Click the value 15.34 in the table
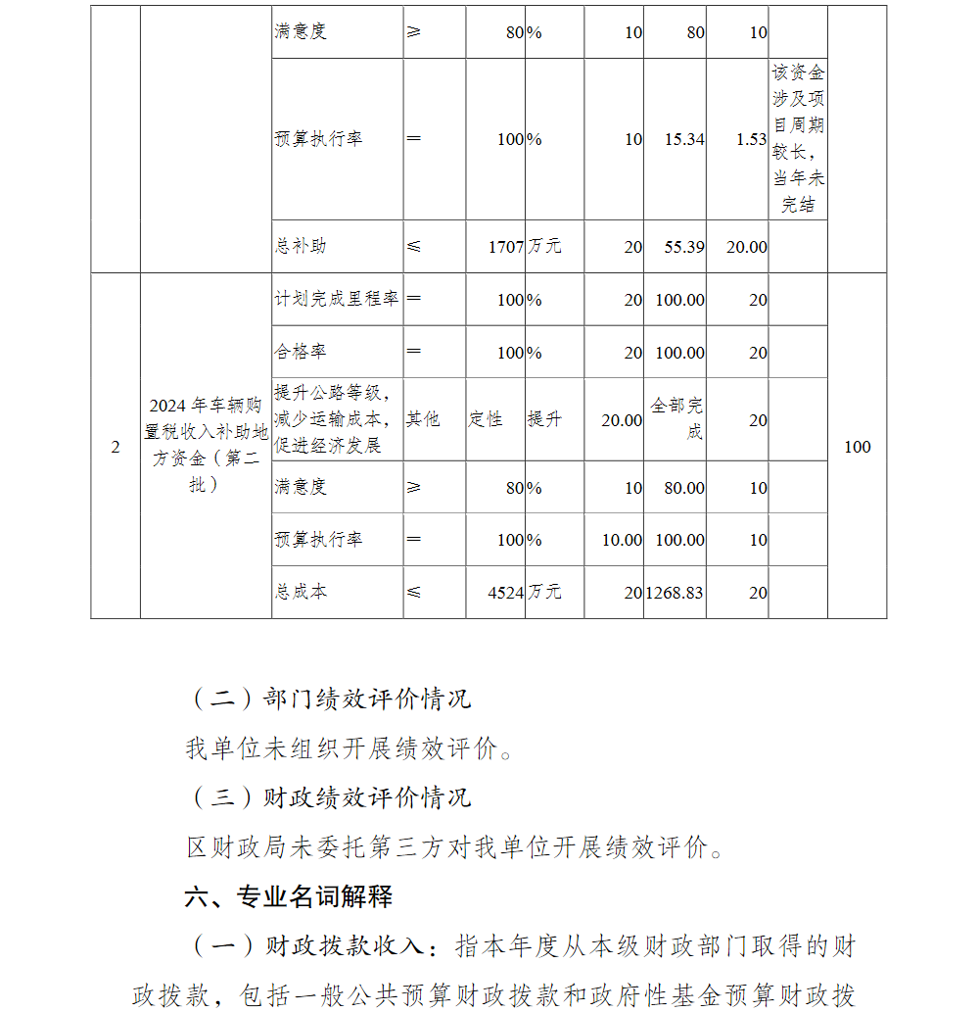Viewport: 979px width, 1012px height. [684, 139]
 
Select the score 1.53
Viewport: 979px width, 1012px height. [751, 139]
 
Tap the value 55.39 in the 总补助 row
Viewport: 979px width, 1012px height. [684, 247]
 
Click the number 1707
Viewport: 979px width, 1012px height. [507, 247]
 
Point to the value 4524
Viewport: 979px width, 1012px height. [507, 592]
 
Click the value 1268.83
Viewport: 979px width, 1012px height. [675, 592]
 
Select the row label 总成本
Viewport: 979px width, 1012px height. [301, 592]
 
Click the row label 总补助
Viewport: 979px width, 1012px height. [301, 247]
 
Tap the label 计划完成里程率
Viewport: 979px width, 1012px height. [337, 299]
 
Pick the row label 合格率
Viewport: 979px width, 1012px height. [301, 352]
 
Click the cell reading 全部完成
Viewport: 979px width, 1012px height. [677, 418]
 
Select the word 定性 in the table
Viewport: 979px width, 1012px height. [486, 419]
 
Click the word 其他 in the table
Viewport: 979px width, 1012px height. [424, 419]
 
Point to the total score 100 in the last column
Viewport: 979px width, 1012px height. [857, 447]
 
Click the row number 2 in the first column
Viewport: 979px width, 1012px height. [116, 447]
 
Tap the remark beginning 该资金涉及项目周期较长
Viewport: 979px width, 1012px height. [798, 139]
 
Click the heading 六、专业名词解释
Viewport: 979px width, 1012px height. [289, 895]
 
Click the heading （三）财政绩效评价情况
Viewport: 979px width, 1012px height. [328, 796]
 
